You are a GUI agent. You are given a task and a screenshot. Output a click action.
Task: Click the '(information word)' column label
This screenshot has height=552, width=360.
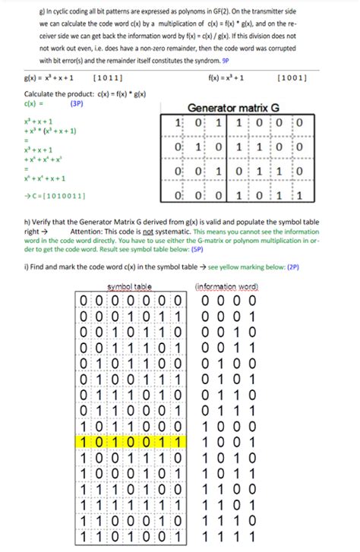[226, 286]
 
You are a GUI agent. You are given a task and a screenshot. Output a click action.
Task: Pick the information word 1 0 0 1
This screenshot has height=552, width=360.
[226, 440]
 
